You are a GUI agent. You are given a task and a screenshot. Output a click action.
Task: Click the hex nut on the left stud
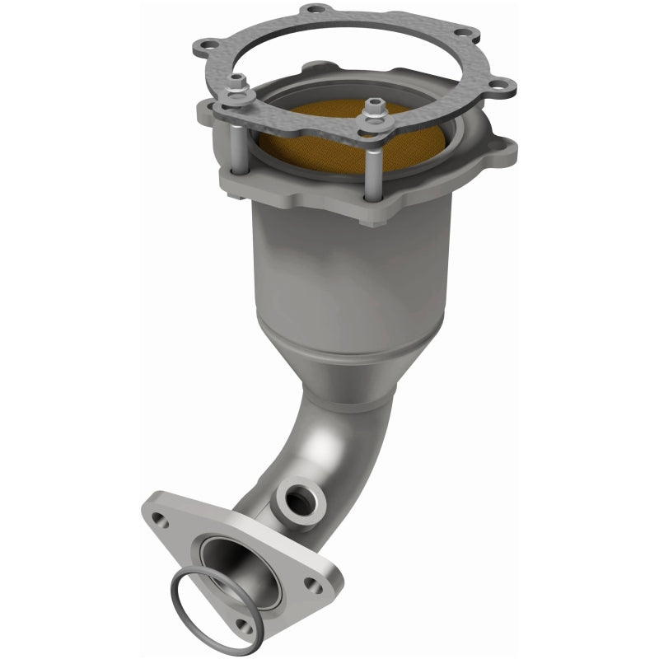237,83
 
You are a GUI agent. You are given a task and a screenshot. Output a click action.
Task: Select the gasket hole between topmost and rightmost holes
471,34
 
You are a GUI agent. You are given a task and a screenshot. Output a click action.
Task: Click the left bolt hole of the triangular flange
162,520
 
